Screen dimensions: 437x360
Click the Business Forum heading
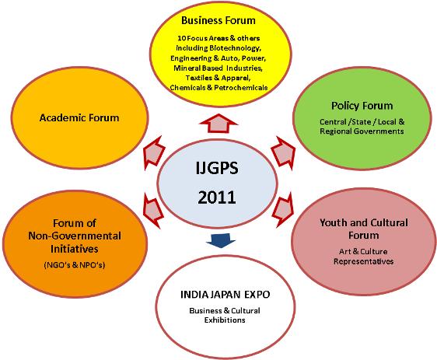[x=218, y=21]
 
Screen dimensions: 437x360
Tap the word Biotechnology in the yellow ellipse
[x=235, y=48]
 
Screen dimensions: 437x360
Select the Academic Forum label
[x=79, y=117]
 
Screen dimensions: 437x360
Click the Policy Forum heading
[x=362, y=106]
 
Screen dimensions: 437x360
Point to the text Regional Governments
[x=362, y=131]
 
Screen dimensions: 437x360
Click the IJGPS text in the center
[x=217, y=168]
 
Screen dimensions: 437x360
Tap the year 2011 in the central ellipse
[x=217, y=197]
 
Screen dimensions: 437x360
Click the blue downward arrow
[x=221, y=240]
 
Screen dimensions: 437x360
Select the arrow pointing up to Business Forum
[x=219, y=123]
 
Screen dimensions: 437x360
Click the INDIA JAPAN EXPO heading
[x=225, y=295]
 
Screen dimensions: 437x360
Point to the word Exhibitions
[x=225, y=320]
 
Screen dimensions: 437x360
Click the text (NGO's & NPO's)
[x=75, y=264]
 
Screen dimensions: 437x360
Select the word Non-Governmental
[x=75, y=236]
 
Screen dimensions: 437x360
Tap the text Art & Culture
[x=363, y=252]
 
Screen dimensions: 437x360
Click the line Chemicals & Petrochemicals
[x=218, y=88]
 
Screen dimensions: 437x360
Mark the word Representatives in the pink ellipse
[x=364, y=261]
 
